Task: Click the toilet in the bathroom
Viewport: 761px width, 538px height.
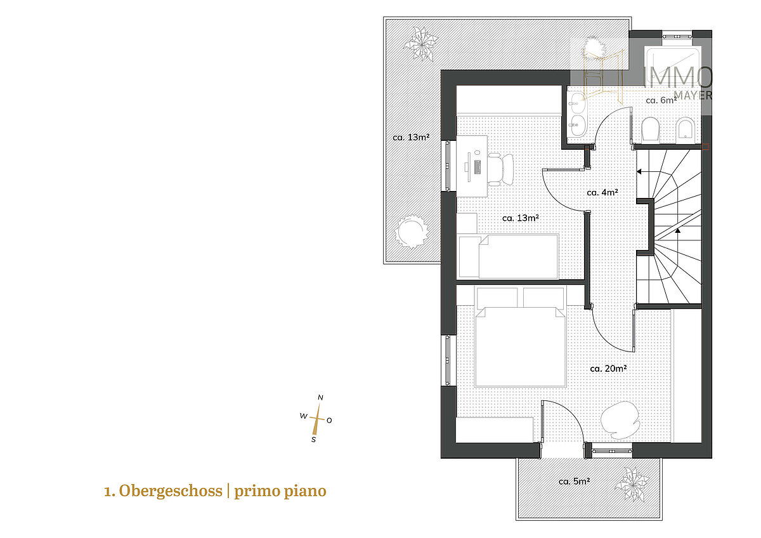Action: coord(651,130)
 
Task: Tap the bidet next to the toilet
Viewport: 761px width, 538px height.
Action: coord(686,130)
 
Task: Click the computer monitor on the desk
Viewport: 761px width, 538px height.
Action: coord(477,166)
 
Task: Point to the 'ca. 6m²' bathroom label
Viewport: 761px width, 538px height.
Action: coord(661,100)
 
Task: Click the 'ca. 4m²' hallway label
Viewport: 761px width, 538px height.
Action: coord(602,192)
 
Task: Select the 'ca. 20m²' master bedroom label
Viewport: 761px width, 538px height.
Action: coord(608,368)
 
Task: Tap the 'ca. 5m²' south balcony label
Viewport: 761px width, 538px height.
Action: coord(574,481)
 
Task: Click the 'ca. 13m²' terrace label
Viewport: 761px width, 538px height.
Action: coord(408,137)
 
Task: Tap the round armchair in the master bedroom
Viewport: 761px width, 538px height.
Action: coord(618,419)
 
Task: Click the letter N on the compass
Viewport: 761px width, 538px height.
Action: coord(320,398)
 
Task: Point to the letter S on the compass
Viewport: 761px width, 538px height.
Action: coord(313,439)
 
